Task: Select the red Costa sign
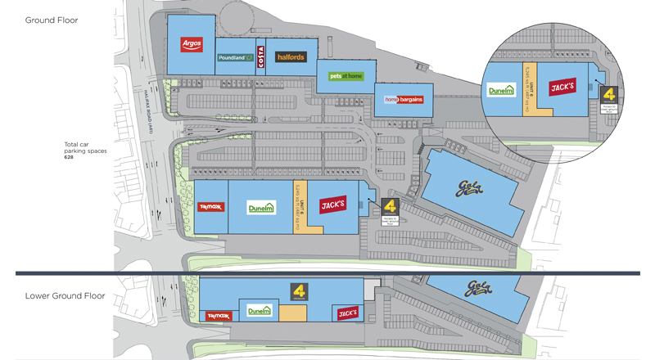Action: tap(261, 56)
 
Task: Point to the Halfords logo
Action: tap(290, 57)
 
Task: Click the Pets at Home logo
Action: tap(345, 76)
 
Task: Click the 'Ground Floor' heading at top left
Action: tap(52, 20)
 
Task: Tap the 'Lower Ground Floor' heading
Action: tap(64, 295)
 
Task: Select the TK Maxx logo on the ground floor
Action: tap(210, 207)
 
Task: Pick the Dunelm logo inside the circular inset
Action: tap(500, 91)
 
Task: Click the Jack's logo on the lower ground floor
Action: tap(346, 312)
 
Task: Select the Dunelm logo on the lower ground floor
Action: tap(259, 311)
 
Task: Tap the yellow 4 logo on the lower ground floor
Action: tap(300, 289)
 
